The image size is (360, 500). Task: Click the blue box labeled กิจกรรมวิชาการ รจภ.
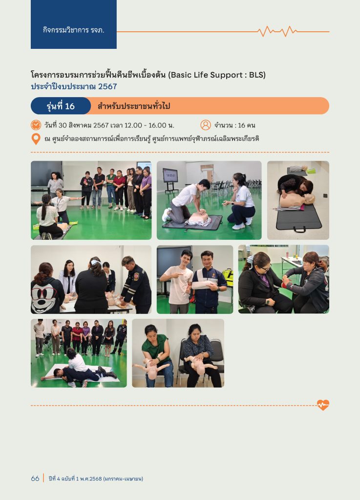tap(74, 24)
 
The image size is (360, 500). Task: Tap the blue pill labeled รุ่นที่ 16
tap(61, 106)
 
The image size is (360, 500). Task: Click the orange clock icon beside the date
tap(36, 125)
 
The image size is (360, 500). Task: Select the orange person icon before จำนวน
tap(206, 125)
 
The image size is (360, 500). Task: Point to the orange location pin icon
tap(36, 139)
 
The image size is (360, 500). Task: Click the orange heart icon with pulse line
tap(323, 405)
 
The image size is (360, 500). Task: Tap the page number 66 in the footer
tap(35, 479)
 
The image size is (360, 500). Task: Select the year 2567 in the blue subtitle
tap(107, 86)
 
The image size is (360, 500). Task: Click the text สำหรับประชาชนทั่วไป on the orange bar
tap(134, 106)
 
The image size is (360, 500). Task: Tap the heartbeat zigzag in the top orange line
tap(277, 31)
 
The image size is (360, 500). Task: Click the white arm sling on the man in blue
tap(203, 284)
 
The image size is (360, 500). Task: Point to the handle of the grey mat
tap(299, 229)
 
